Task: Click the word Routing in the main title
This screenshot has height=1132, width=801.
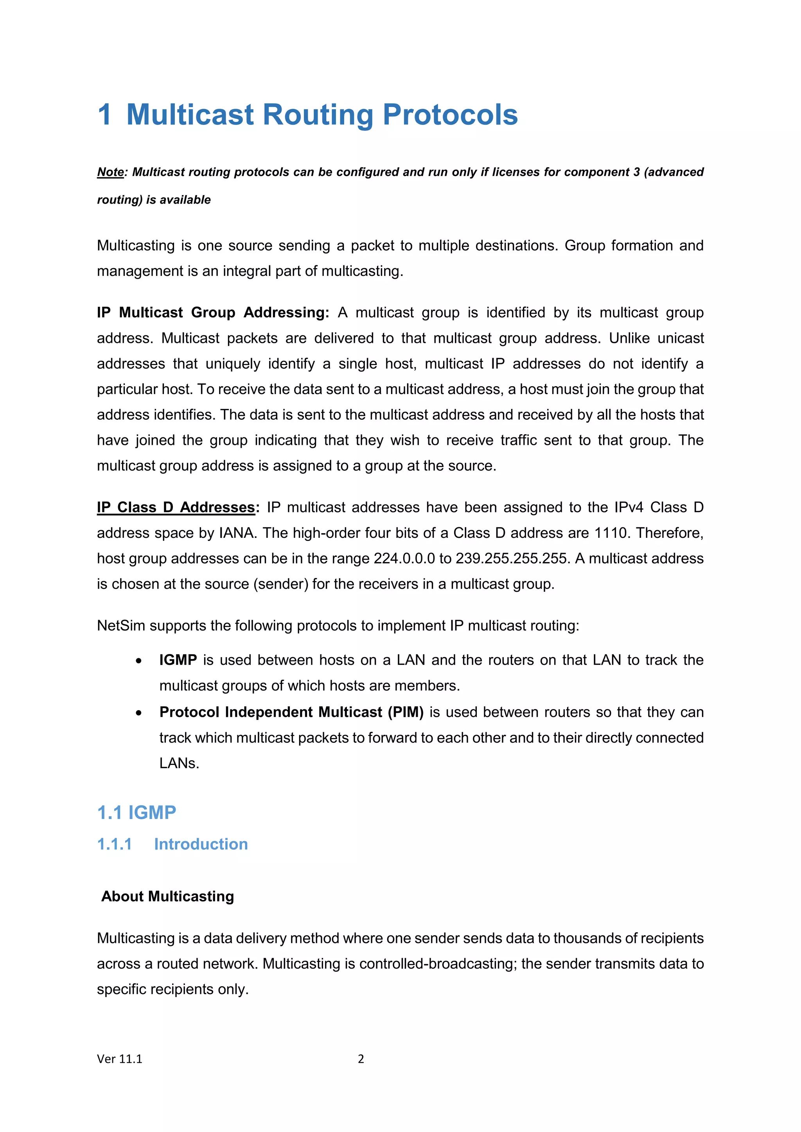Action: click(318, 115)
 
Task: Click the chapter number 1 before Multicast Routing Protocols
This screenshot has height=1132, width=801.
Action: click(104, 115)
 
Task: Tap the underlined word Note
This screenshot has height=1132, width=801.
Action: click(110, 172)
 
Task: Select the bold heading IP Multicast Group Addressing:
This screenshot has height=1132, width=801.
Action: click(213, 313)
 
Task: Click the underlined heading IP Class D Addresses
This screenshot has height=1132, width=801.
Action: click(176, 507)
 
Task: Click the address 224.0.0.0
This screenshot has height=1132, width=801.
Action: click(404, 559)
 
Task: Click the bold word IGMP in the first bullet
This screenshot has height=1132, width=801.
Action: click(178, 660)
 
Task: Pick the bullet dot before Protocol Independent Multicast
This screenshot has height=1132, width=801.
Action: click(139, 713)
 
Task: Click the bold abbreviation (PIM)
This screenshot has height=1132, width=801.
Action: click(406, 713)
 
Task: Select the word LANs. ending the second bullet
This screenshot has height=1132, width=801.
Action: click(179, 763)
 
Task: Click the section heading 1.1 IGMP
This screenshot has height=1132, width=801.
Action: click(136, 813)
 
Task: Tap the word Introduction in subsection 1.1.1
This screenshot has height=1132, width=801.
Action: click(201, 844)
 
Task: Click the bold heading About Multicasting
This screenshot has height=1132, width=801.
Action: click(168, 896)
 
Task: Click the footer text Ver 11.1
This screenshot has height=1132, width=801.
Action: click(119, 1059)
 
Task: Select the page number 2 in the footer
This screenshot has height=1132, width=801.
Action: click(361, 1059)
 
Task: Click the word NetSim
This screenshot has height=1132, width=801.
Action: click(121, 626)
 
